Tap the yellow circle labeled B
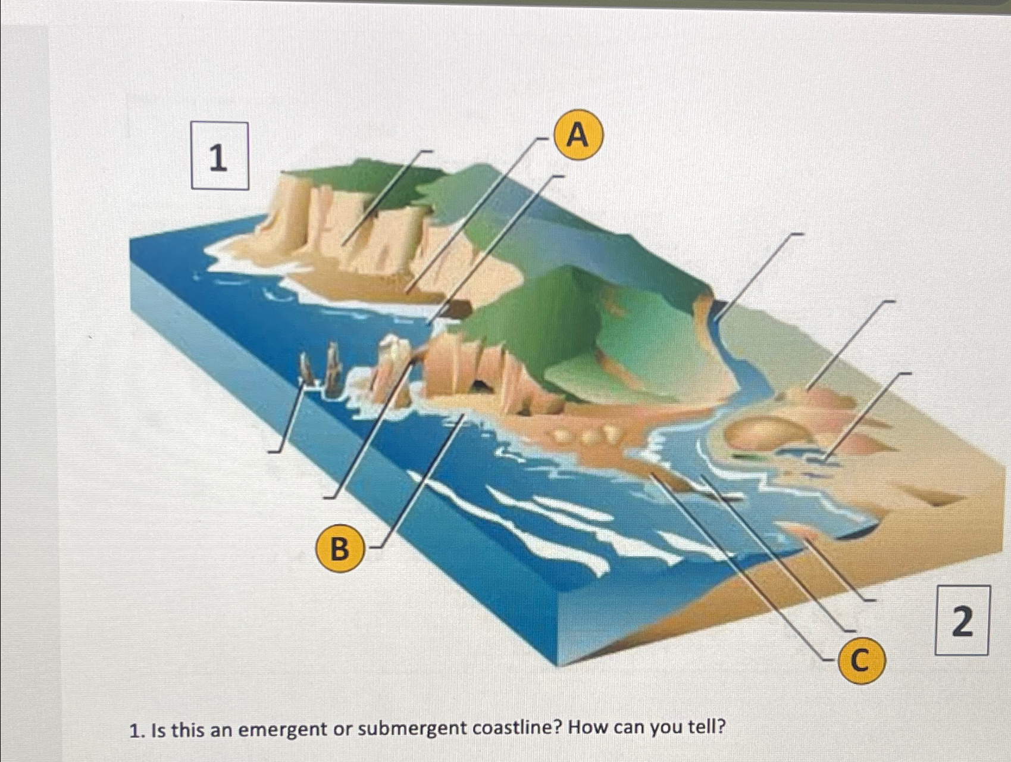(x=339, y=548)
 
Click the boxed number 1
(x=219, y=156)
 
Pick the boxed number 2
(x=962, y=620)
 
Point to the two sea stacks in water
(x=320, y=369)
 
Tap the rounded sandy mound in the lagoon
(x=756, y=435)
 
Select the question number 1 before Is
(x=137, y=729)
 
